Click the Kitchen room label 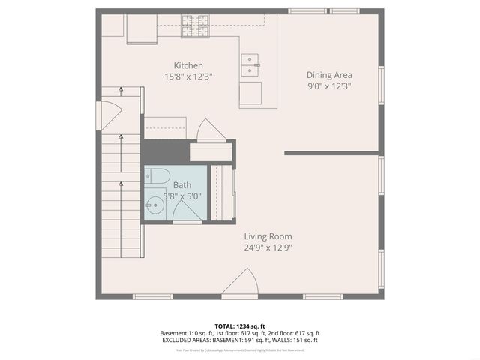(188, 65)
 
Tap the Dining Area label (329, 74)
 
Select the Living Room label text (267, 236)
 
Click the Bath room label (182, 185)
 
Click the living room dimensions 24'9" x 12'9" (267, 247)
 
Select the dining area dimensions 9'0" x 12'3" (329, 85)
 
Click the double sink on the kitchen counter (250, 66)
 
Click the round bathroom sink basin (154, 204)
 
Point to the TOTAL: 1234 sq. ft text (239, 326)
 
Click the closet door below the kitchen (208, 130)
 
